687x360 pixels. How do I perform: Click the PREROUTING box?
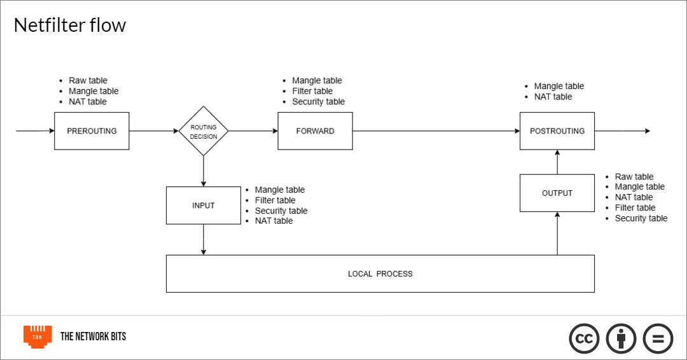pyautogui.click(x=92, y=131)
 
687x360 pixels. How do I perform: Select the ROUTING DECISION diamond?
pyautogui.click(x=204, y=131)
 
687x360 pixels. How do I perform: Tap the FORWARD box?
pyautogui.click(x=315, y=131)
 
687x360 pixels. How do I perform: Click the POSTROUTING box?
pyautogui.click(x=557, y=131)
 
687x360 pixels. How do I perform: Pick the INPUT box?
pyautogui.click(x=204, y=205)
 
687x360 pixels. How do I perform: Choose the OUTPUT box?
pyautogui.click(x=557, y=193)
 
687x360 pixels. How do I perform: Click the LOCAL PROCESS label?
pyautogui.click(x=380, y=273)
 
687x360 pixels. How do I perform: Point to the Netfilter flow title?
pyautogui.click(x=70, y=25)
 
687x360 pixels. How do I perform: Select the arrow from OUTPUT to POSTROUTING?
pyautogui.click(x=557, y=162)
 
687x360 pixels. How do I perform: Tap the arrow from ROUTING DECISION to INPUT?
pyautogui.click(x=204, y=170)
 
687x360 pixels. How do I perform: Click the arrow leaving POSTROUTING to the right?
pyautogui.click(x=621, y=131)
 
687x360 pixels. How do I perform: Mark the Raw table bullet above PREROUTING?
pyautogui.click(x=88, y=81)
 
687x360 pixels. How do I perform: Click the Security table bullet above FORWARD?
pyautogui.click(x=318, y=102)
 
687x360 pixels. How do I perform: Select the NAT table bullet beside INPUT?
pyautogui.click(x=274, y=221)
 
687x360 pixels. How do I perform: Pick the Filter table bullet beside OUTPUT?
pyautogui.click(x=634, y=207)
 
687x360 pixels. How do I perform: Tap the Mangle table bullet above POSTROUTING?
pyautogui.click(x=559, y=86)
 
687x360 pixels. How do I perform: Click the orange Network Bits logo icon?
pyautogui.click(x=38, y=336)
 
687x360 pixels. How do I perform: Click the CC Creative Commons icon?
pyautogui.click(x=585, y=338)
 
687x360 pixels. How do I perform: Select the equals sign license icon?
pyautogui.click(x=658, y=338)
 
